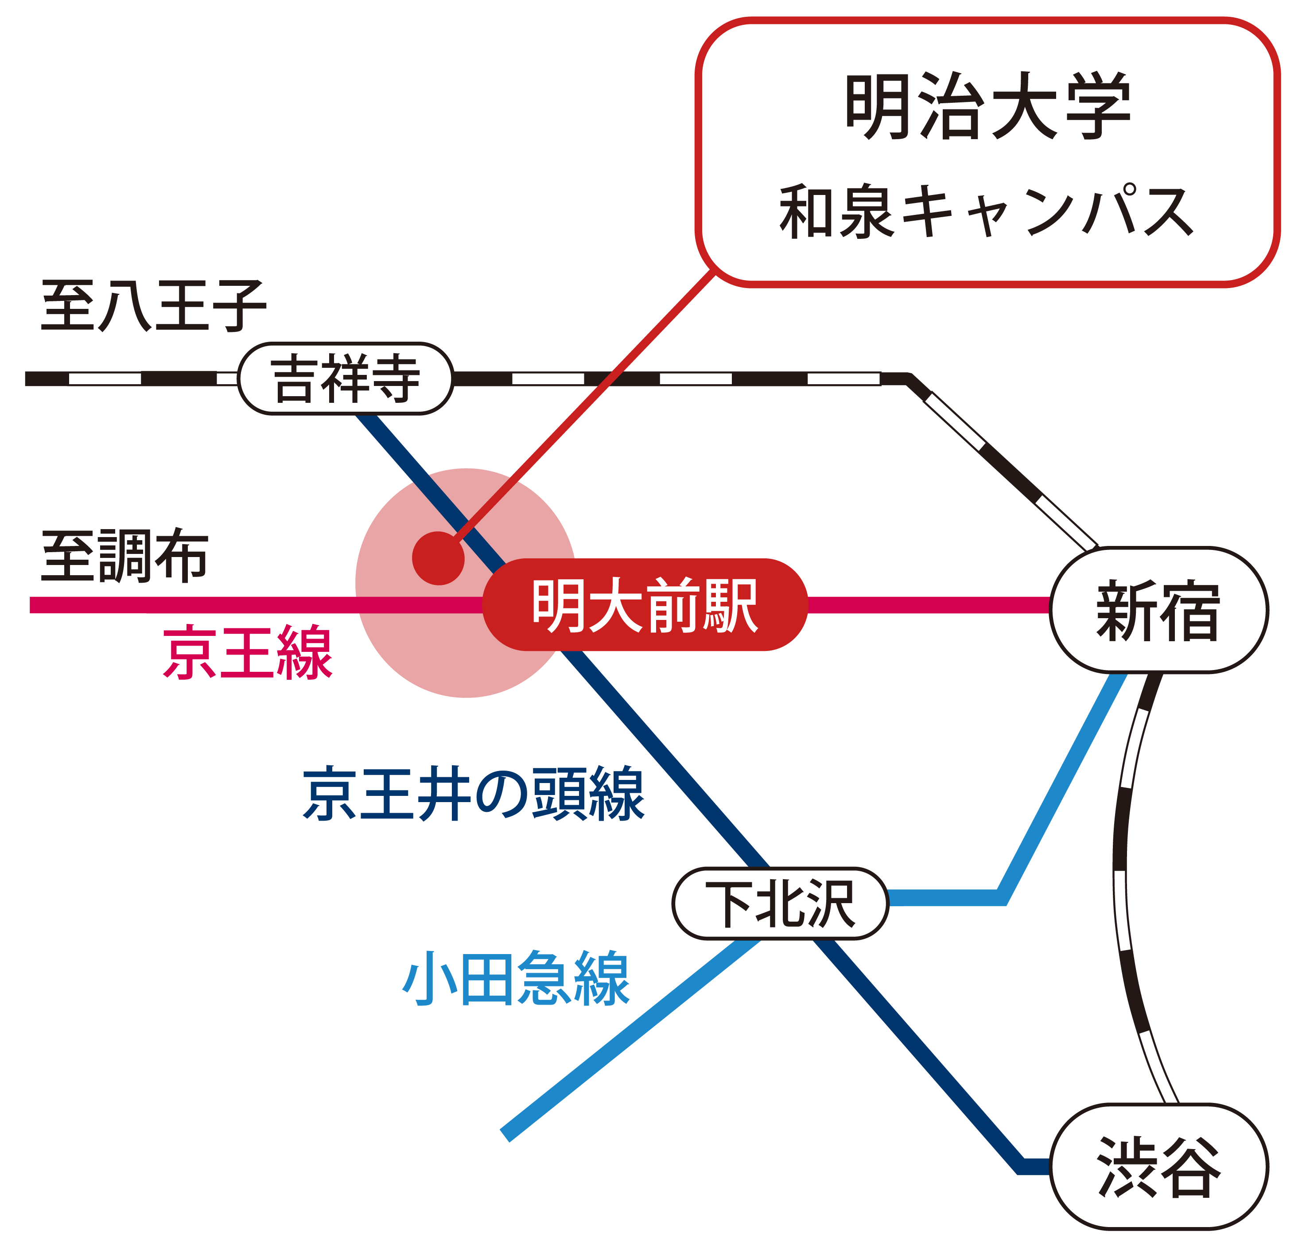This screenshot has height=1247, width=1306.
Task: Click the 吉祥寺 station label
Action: [345, 378]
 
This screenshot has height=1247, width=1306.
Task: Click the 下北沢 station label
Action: [780, 903]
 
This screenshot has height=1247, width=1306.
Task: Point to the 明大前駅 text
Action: [644, 605]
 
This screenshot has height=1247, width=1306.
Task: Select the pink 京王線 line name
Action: [247, 651]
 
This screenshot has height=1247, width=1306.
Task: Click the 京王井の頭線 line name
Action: [473, 794]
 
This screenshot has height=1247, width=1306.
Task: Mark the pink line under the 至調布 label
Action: [199, 605]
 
